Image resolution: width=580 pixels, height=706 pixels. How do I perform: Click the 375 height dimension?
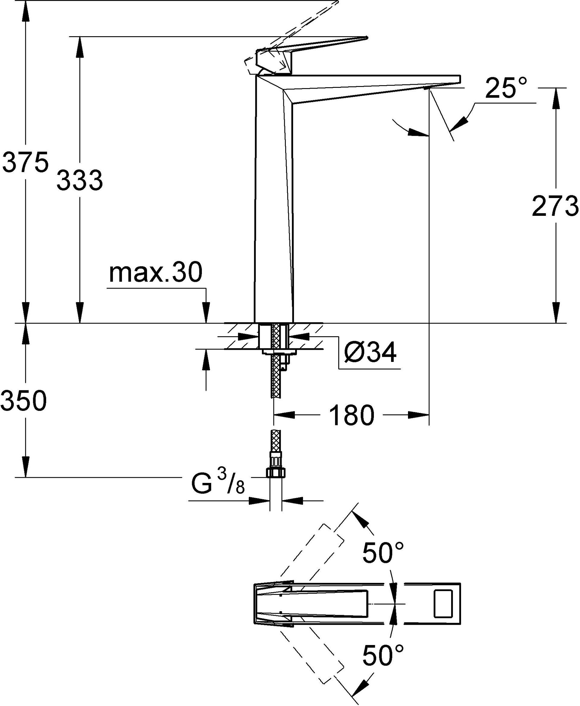[25, 162]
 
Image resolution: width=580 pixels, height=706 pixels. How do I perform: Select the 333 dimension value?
[80, 180]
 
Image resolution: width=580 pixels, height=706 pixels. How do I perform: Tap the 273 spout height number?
[555, 206]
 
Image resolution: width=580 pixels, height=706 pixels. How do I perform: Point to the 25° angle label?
[506, 88]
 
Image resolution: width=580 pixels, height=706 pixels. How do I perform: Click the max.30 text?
[156, 272]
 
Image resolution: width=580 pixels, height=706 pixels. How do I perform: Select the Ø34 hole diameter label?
[370, 353]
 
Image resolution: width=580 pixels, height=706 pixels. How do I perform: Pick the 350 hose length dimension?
[24, 401]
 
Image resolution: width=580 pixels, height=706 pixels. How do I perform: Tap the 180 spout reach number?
[352, 415]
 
